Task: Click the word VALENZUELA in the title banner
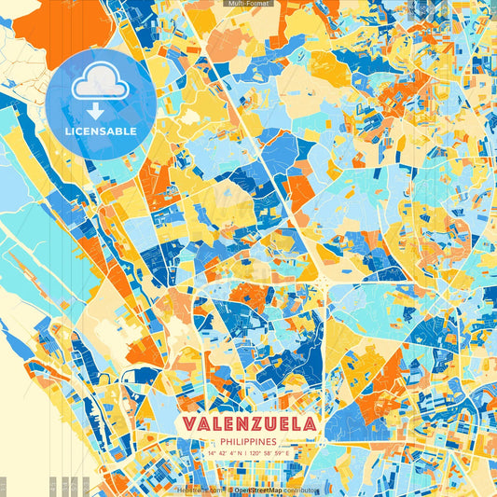pos(248,423)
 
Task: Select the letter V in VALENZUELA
pos(190,423)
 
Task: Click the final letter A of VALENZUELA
pos(308,423)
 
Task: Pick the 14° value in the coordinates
pos(211,454)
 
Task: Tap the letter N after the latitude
pos(244,454)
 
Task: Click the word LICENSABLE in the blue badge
pos(101,131)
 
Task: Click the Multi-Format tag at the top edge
pos(248,4)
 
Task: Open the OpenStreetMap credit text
pos(258,490)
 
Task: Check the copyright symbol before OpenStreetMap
pos(229,490)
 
